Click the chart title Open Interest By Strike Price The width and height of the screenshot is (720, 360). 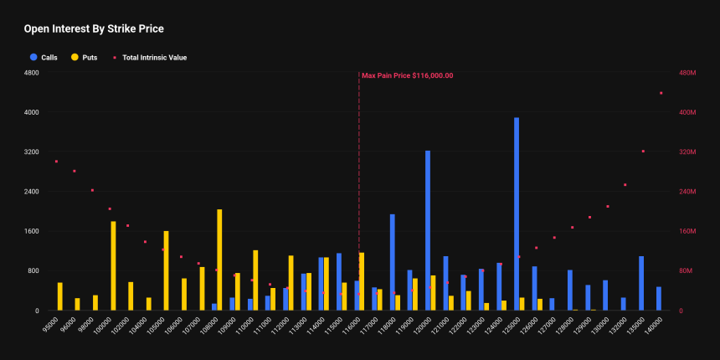pos(93,29)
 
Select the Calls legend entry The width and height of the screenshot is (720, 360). pos(49,58)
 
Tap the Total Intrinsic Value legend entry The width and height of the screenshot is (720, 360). pos(154,58)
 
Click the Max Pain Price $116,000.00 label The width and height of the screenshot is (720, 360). pos(408,75)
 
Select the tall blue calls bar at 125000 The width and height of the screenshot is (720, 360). pos(517,213)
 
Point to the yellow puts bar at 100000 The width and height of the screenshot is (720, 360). pos(113,265)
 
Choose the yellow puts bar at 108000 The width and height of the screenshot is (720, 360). pos(219,260)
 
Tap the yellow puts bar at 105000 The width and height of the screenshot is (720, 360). pos(166,270)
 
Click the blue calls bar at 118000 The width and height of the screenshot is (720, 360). pos(392,262)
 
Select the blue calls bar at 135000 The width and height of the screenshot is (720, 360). pos(641,283)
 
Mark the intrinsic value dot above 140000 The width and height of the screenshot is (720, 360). pos(661,93)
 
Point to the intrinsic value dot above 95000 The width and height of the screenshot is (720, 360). pos(56,162)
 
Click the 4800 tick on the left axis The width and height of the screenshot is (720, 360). pos(33,73)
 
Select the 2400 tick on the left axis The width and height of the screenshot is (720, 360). pos(33,192)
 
